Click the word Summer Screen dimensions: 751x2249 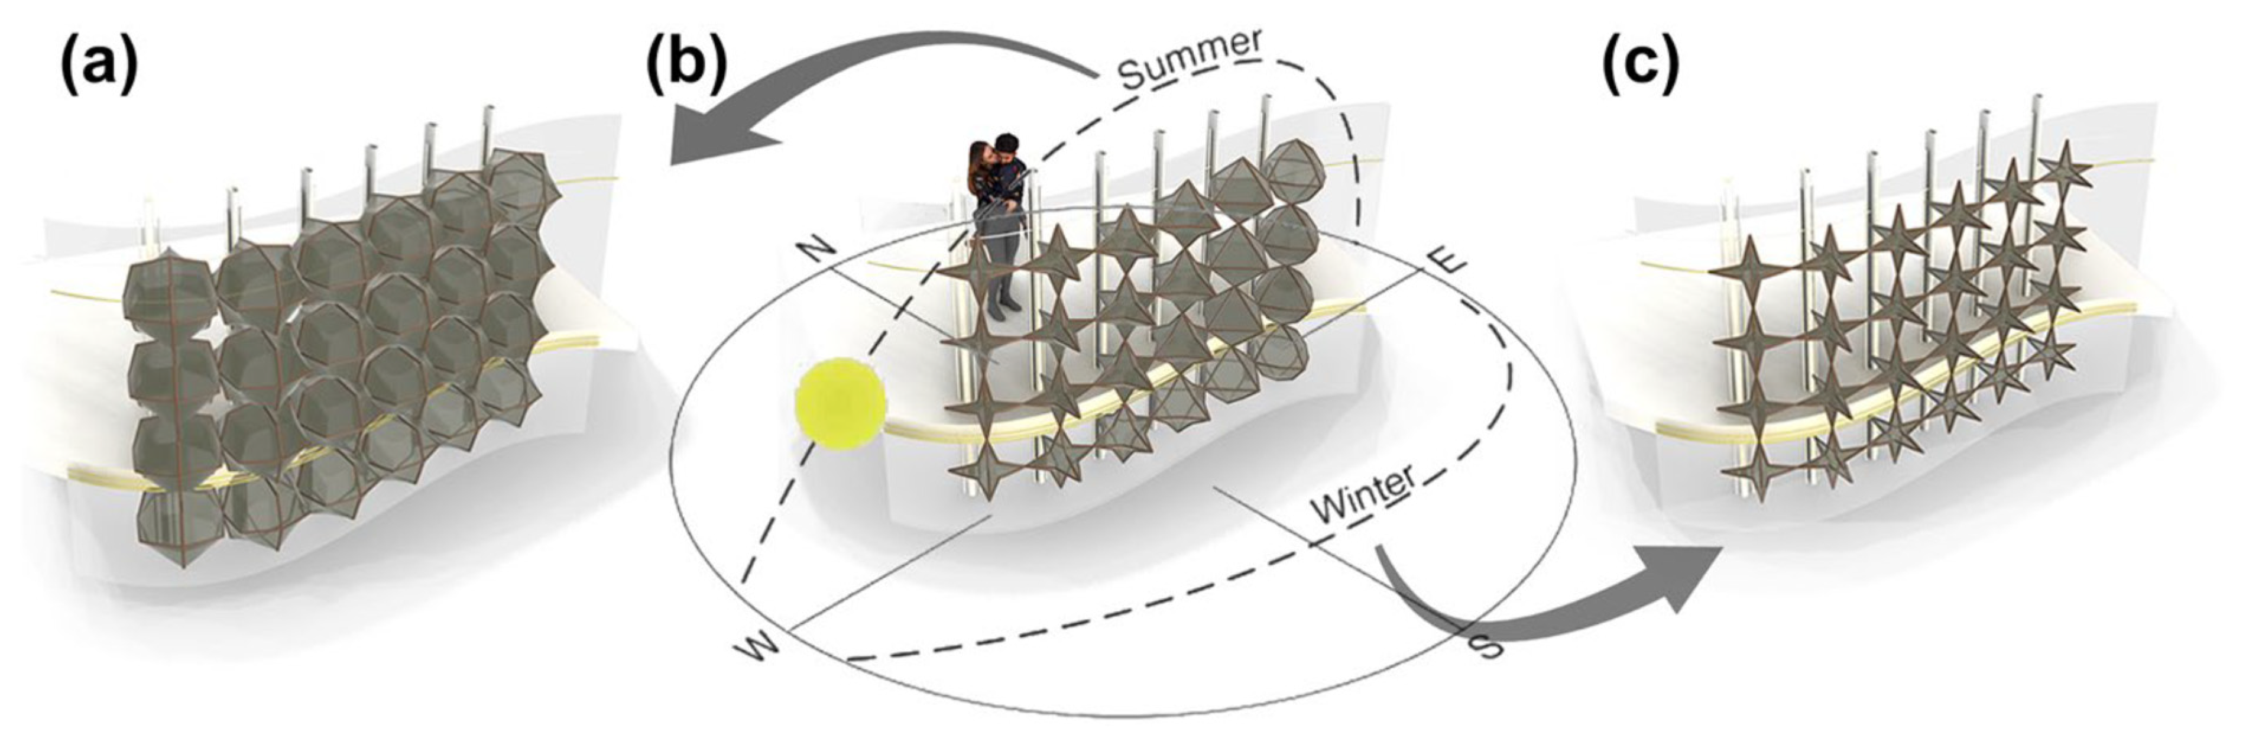pos(1190,59)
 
